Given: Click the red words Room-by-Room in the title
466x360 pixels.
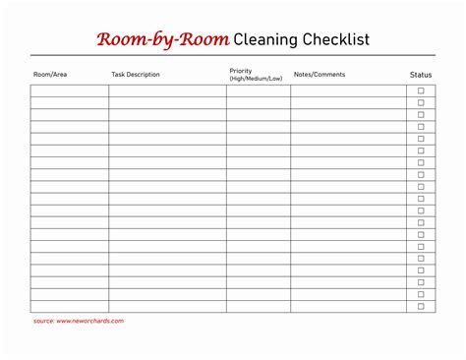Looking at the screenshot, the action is [x=162, y=39].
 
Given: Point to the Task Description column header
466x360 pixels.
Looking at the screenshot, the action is [x=136, y=75].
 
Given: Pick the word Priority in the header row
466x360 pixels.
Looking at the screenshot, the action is [x=241, y=71].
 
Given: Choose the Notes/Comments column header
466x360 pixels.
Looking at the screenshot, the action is [x=320, y=75].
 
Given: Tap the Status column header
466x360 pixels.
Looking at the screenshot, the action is [x=420, y=75].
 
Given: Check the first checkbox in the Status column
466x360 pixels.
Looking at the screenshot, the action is [x=421, y=90].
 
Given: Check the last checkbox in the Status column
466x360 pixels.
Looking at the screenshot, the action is [x=421, y=306].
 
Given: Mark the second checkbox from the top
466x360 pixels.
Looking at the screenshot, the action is [x=421, y=102].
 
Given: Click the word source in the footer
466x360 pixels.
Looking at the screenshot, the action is [x=43, y=321].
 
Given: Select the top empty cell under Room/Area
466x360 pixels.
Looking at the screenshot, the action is [x=69, y=90].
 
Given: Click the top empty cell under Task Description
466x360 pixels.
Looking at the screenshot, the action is [x=167, y=90].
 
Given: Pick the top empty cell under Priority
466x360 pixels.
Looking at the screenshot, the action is [x=258, y=90].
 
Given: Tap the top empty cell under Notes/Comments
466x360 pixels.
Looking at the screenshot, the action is [x=348, y=90].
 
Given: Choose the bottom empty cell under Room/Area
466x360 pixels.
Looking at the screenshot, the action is [x=69, y=306].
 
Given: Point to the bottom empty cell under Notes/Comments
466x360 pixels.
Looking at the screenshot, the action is [x=348, y=306].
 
